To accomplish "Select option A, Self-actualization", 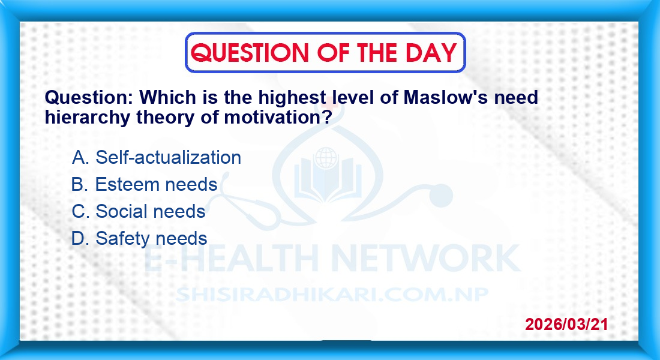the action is (157, 157).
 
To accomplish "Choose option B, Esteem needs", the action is (145, 184).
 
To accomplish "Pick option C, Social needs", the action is (139, 211).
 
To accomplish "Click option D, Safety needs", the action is (139, 238).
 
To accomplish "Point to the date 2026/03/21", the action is (566, 324).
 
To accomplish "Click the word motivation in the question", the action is (278, 117).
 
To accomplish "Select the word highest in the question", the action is (292, 98).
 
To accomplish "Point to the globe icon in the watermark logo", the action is (326, 158).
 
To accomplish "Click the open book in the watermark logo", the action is (328, 182).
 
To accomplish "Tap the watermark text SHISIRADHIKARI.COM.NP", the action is (332, 295).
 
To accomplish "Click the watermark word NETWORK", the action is (426, 258).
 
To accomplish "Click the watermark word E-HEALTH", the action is (231, 258).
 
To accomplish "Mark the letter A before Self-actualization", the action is (80, 157).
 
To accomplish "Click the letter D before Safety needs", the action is (80, 238).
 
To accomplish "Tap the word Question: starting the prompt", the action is (89, 98).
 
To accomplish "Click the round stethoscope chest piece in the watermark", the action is (441, 196).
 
